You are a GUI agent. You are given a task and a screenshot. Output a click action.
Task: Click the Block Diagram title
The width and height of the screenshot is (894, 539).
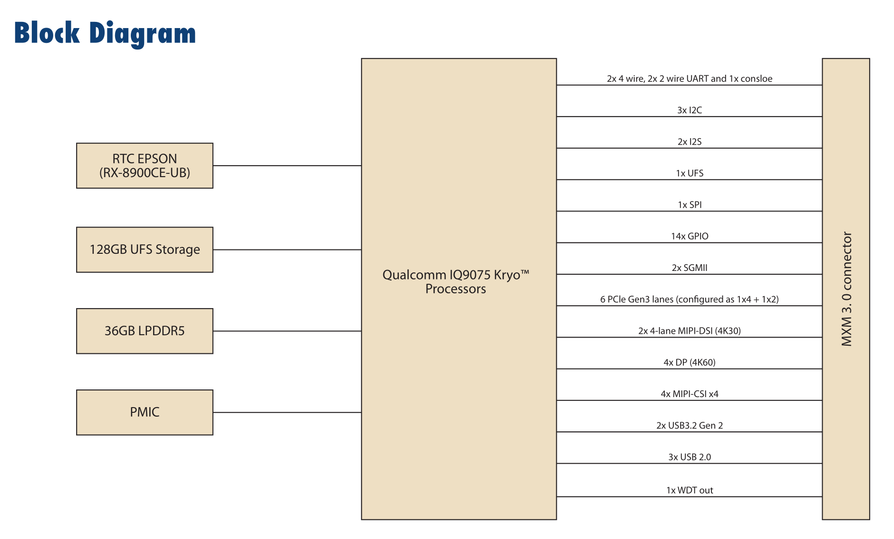105,33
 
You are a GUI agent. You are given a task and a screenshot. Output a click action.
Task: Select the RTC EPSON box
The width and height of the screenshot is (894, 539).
145,166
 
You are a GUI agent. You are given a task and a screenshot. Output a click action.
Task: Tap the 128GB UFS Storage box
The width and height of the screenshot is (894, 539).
145,250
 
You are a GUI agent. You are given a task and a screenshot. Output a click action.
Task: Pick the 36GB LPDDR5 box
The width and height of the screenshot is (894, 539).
145,331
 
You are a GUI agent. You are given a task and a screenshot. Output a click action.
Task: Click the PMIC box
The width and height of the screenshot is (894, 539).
145,412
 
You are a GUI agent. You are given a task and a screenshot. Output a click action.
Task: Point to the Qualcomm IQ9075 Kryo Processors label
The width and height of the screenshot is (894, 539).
456,281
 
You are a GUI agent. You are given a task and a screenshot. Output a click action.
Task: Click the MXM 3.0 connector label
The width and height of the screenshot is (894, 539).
846,289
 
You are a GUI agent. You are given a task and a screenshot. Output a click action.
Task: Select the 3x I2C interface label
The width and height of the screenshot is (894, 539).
690,110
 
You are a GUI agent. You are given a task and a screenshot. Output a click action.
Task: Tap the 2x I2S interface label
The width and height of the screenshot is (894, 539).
690,141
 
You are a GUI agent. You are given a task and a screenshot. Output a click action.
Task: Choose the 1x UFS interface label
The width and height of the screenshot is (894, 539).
690,173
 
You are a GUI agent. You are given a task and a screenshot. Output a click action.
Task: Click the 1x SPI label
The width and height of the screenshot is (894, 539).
690,205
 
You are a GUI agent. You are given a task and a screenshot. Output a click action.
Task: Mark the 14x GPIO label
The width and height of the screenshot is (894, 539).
690,236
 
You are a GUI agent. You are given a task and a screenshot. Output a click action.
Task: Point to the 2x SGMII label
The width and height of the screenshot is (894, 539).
690,268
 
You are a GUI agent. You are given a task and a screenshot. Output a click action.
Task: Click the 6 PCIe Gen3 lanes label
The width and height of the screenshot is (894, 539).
690,299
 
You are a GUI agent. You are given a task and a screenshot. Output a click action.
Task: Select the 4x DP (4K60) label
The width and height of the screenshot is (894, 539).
690,362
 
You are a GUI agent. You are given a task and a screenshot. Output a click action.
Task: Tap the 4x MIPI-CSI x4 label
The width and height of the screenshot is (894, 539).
690,394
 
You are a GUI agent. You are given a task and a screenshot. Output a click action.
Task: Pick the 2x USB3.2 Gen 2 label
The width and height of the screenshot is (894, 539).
690,425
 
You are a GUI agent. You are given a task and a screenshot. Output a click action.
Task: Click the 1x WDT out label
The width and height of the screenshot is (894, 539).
690,490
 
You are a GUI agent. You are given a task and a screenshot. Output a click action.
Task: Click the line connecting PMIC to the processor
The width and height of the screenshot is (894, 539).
287,412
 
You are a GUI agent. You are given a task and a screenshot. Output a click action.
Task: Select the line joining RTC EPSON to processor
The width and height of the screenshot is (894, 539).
287,166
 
